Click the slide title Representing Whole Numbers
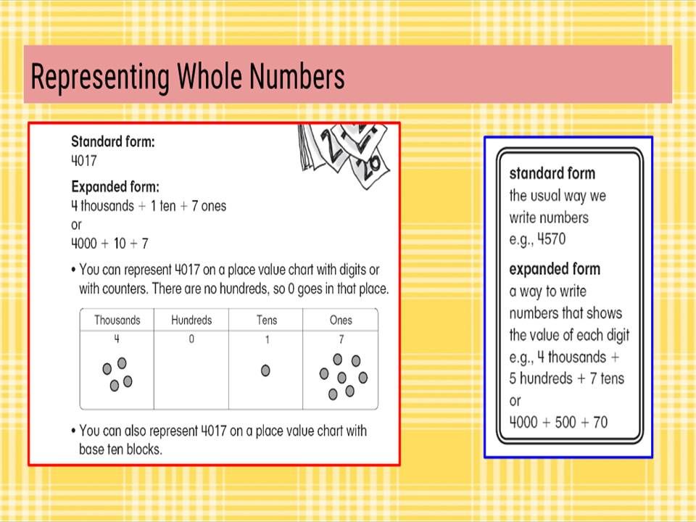187,77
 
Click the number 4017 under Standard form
83,160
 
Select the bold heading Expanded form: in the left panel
115,186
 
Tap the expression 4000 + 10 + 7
109,243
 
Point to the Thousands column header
117,320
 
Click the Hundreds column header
191,320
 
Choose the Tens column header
266,320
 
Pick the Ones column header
341,320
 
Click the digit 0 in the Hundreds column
191,339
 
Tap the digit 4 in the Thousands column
117,339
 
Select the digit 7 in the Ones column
341,339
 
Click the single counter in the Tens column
265,370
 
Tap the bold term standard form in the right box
552,173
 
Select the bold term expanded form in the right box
555,269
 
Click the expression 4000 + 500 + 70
558,422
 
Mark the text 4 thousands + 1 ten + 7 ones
149,206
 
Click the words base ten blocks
120,449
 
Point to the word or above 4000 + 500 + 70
515,400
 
